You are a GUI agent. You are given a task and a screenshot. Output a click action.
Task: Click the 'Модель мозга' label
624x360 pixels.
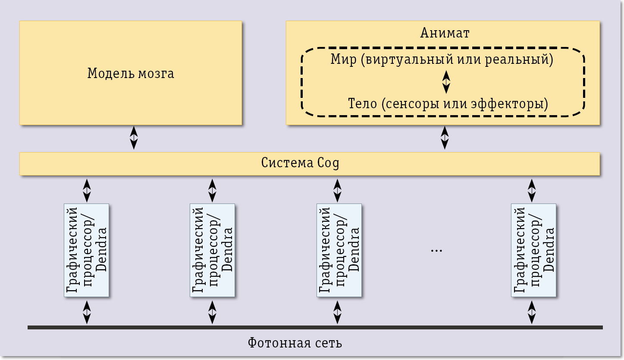click(131, 73)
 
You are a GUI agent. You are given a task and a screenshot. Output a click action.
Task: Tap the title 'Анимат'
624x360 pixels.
click(444, 33)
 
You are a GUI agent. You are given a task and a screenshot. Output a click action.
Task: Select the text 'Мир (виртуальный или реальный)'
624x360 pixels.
click(442, 59)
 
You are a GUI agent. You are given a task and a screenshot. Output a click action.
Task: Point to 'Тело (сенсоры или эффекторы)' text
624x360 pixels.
click(448, 104)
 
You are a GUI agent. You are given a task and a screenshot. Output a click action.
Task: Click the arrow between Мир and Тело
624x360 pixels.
click(446, 81)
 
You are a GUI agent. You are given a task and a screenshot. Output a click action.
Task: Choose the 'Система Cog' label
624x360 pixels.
click(300, 163)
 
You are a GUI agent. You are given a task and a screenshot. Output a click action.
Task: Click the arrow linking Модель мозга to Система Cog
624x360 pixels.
click(134, 138)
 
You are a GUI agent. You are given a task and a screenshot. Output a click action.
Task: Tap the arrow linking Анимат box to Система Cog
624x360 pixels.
click(445, 138)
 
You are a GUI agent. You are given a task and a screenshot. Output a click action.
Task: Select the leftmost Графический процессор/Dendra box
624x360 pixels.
click(86, 250)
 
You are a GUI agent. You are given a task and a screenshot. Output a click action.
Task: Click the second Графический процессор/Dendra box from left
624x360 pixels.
click(212, 250)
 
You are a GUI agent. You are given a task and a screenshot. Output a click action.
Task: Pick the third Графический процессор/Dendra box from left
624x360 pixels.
click(339, 250)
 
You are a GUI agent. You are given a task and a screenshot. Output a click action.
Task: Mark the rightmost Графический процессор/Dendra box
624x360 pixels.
click(533, 250)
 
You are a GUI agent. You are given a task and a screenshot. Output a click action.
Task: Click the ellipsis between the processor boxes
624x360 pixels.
click(436, 250)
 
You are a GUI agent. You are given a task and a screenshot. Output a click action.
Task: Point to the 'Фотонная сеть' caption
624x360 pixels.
click(295, 343)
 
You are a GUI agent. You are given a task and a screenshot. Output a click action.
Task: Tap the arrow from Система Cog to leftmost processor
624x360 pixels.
click(87, 191)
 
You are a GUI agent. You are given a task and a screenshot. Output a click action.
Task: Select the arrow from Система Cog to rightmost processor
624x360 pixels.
click(532, 191)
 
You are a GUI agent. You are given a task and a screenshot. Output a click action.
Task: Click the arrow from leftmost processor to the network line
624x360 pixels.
click(87, 312)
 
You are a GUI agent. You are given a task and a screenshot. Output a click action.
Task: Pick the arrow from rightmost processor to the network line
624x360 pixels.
click(532, 312)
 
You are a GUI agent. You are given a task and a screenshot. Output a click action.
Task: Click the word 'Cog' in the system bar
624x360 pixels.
click(328, 163)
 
